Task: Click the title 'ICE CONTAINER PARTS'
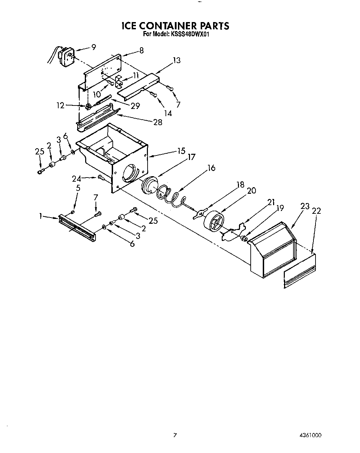pos(175,26)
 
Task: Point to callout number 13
pos(177,60)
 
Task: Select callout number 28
pos(158,122)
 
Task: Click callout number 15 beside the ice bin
pos(181,151)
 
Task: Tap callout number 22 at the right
pos(317,211)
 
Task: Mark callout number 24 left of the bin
pos(76,179)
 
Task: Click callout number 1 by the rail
pos(41,216)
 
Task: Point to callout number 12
pos(60,105)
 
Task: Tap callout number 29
pos(136,106)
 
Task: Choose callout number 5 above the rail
pos(78,188)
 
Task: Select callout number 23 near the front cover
pos(304,207)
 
